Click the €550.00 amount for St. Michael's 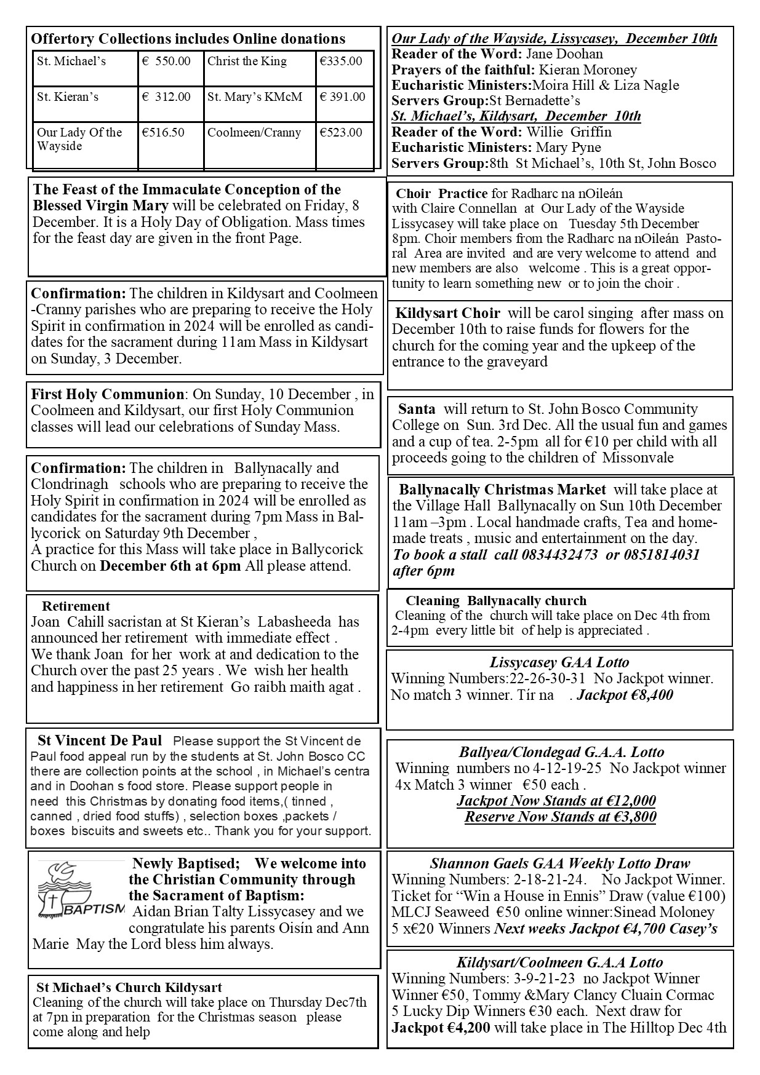tap(166, 61)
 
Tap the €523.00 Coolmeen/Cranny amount tap(341, 133)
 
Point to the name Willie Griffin tap(569, 132)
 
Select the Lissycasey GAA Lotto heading tap(559, 663)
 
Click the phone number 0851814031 tap(660, 555)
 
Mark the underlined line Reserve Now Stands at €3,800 tap(560, 817)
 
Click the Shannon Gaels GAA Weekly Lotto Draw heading tap(559, 864)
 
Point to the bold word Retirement tap(76, 606)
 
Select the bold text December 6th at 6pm tap(170, 566)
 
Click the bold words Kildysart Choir tap(447, 314)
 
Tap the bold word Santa tap(417, 410)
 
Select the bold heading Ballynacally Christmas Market tap(502, 490)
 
